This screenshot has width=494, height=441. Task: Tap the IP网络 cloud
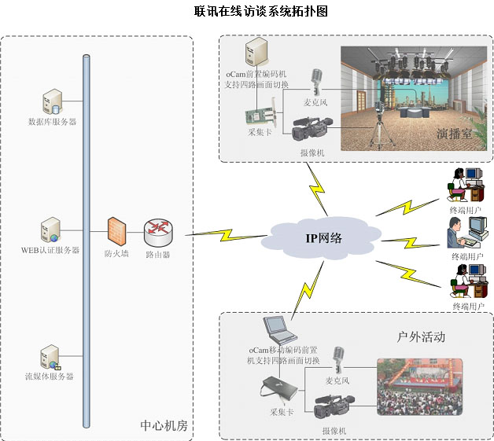[323, 237]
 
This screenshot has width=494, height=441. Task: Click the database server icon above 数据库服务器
[53, 101]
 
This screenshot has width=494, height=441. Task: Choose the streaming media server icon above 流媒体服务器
[50, 357]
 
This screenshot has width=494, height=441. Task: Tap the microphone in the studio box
[317, 81]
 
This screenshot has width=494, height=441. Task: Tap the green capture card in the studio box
[261, 118]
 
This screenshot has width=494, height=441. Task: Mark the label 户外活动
[422, 336]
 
